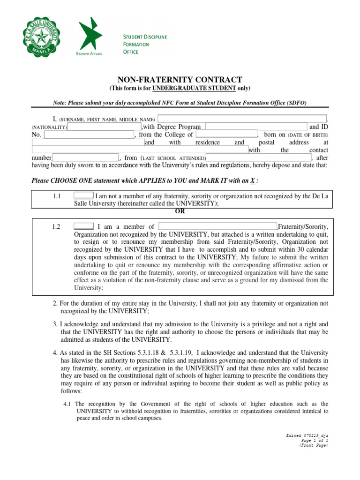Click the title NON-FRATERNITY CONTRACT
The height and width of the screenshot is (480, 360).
point(180,80)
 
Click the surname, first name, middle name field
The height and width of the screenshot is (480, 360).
point(244,119)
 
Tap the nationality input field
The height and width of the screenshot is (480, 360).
point(105,127)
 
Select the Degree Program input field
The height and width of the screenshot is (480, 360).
point(256,127)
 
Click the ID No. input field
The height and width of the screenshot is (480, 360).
point(89,135)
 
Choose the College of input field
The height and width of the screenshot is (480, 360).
point(226,135)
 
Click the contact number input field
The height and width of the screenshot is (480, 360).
point(86,158)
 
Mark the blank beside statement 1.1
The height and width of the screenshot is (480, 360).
point(83,196)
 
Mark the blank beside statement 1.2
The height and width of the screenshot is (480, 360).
point(83,226)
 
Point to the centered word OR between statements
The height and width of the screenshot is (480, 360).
point(180,211)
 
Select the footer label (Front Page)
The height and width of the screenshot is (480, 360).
point(314,445)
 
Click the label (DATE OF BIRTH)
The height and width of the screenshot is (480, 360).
point(308,135)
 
